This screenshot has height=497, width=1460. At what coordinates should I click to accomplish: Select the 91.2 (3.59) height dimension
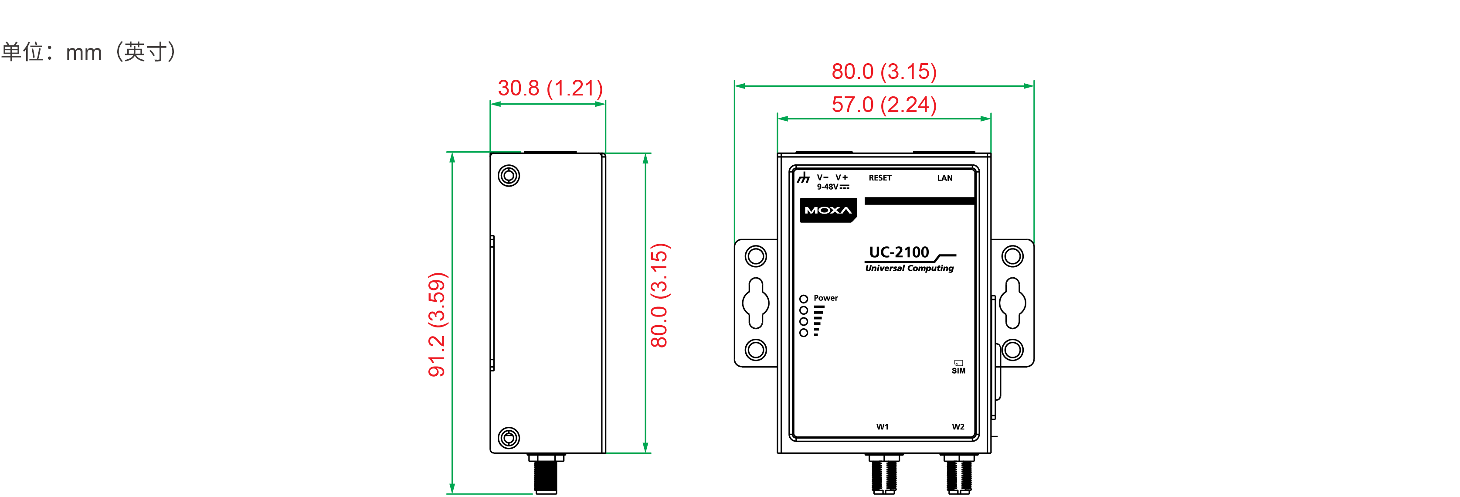tap(437, 324)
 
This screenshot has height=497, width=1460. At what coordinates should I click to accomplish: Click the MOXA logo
tap(828, 210)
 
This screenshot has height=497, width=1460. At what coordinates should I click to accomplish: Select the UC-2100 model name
tap(899, 252)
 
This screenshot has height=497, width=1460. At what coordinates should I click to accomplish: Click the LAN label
tap(944, 178)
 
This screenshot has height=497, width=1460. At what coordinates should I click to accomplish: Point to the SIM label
tap(958, 371)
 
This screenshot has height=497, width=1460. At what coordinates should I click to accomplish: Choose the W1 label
tap(882, 427)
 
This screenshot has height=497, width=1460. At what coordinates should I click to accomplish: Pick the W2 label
tap(958, 427)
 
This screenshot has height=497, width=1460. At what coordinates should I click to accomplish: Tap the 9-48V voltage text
tap(828, 187)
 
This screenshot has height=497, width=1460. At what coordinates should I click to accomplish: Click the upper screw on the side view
tap(509, 176)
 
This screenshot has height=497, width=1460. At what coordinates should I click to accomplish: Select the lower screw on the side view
tap(509, 438)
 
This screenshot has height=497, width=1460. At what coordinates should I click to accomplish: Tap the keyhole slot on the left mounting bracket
tap(756, 303)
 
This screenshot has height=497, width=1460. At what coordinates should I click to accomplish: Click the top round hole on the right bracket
tap(1012, 256)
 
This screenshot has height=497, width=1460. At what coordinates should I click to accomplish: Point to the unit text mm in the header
tap(84, 53)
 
